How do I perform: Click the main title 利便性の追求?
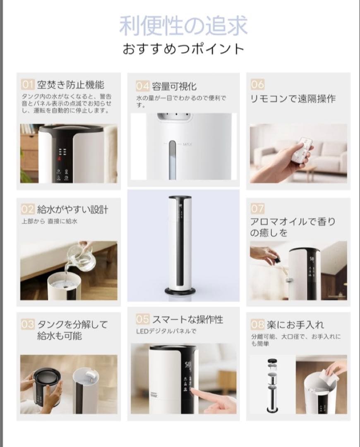(183, 26)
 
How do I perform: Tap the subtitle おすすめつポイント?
(183, 49)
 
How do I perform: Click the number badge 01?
(27, 85)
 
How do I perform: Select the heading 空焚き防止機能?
(70, 85)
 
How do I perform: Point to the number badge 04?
(142, 86)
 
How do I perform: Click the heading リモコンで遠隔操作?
(293, 99)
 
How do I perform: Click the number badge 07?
(257, 209)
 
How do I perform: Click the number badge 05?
(142, 319)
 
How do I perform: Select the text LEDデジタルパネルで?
(166, 331)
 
